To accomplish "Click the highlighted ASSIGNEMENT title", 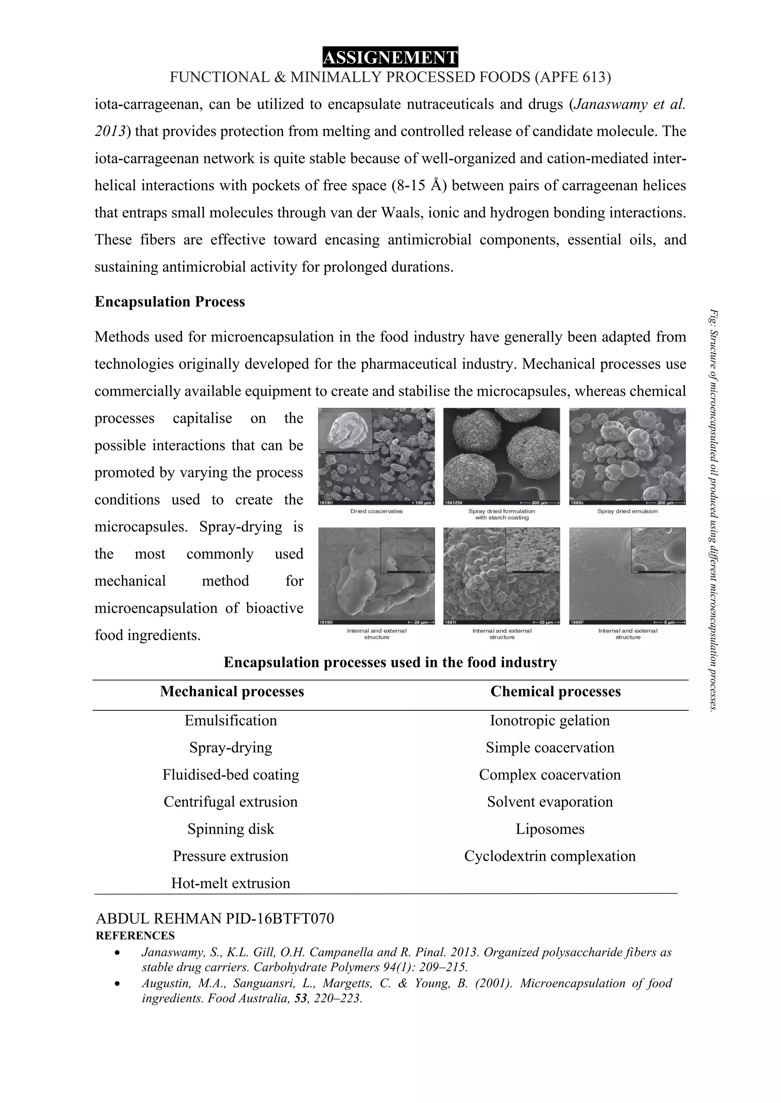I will [x=390, y=58].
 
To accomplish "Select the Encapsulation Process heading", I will [x=170, y=302].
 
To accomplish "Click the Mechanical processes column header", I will [x=232, y=691].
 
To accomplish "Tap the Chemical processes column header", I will [x=556, y=691].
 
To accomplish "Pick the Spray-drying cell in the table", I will [x=231, y=748].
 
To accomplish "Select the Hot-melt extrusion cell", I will [x=231, y=883].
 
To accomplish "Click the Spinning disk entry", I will [x=231, y=829].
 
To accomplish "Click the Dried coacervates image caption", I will [x=376, y=511].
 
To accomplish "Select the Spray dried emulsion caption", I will [x=628, y=511].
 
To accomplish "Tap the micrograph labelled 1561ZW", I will [x=501, y=456].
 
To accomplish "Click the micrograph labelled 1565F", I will [x=628, y=575].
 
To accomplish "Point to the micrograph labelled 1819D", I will [x=376, y=575].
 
